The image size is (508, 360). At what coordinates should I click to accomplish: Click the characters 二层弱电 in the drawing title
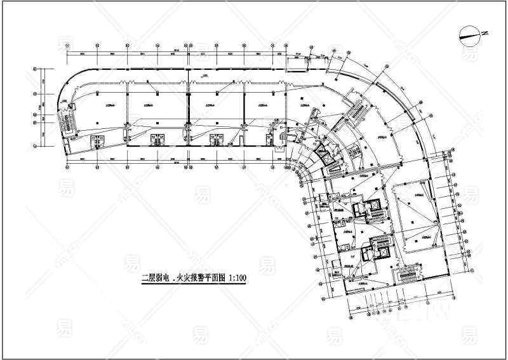click(155, 277)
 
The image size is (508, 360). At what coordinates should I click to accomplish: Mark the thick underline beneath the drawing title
click(194, 284)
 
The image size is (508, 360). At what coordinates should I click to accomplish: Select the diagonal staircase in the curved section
click(356, 113)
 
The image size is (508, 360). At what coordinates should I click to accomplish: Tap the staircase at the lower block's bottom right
click(406, 276)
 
